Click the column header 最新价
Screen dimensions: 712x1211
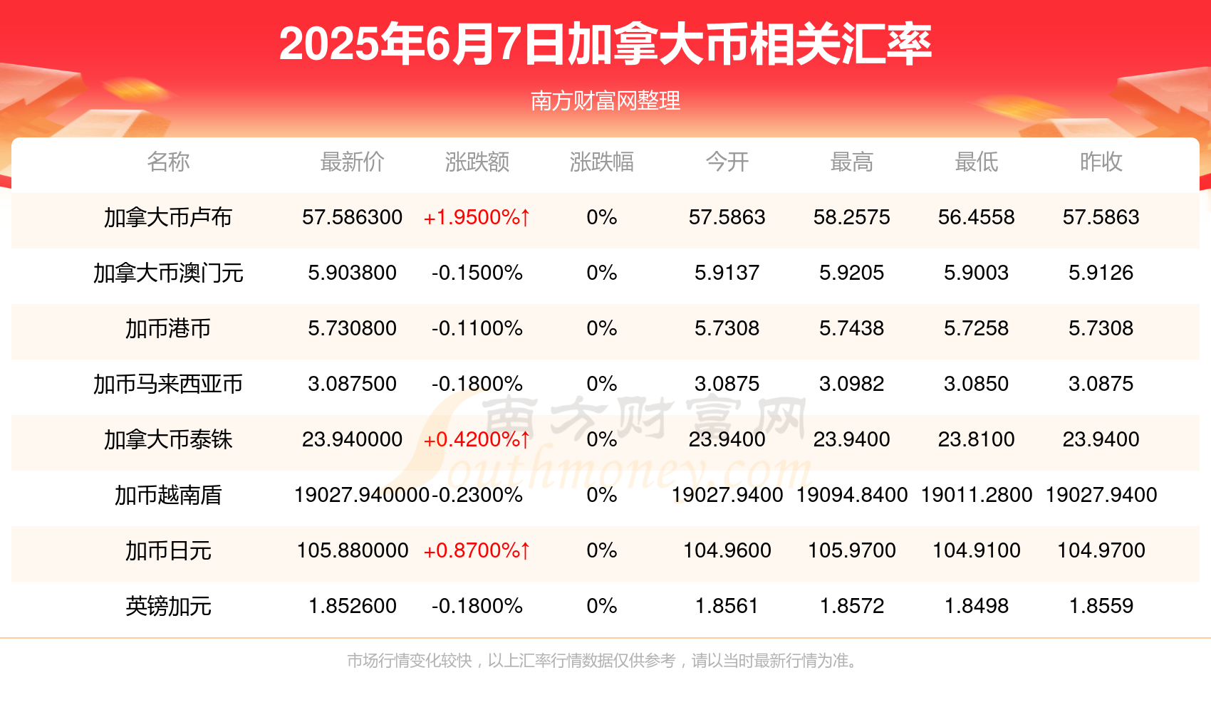pyautogui.click(x=352, y=162)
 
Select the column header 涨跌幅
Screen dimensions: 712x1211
pyautogui.click(x=601, y=162)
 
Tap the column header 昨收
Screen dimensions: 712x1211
pyautogui.click(x=1101, y=162)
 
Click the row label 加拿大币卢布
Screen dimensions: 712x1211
pyautogui.click(x=168, y=217)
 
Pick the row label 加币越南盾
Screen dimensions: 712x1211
pyautogui.click(x=168, y=495)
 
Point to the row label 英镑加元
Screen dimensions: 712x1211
pyautogui.click(x=168, y=606)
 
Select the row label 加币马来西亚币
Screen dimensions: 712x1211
pyautogui.click(x=168, y=384)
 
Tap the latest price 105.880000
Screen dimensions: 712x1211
pyautogui.click(x=352, y=550)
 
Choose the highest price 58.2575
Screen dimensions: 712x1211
pyautogui.click(x=851, y=217)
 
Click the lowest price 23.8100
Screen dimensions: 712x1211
pyautogui.click(x=976, y=439)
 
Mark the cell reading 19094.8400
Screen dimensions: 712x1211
pyautogui.click(x=851, y=495)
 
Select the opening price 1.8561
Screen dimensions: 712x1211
pyautogui.click(x=727, y=606)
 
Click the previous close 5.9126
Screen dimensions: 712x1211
pyautogui.click(x=1101, y=273)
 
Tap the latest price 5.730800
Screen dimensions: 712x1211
pyautogui.click(x=352, y=328)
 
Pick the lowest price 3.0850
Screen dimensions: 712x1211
pyautogui.click(x=976, y=384)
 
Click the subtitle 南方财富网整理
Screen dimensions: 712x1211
pyautogui.click(x=605, y=101)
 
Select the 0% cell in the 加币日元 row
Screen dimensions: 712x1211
pyautogui.click(x=601, y=550)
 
